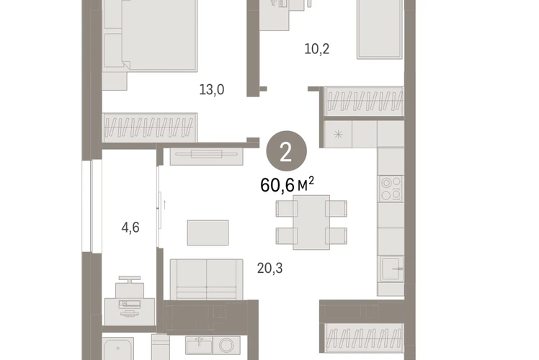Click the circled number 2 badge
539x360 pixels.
click(286, 150)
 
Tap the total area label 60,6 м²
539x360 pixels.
click(287, 184)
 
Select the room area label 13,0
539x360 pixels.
click(212, 90)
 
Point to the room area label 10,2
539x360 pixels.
click(316, 49)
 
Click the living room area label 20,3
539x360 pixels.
click(269, 268)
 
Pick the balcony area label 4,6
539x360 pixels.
click(130, 228)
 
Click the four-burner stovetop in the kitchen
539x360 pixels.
click(391, 189)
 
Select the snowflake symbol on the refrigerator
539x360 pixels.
click(338, 134)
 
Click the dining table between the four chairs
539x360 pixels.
click(311, 222)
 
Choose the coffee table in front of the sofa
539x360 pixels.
click(208, 233)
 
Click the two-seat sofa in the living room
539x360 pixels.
click(206, 279)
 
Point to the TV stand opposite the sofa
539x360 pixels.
click(207, 156)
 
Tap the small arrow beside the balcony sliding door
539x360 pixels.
click(165, 204)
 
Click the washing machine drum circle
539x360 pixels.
click(226, 345)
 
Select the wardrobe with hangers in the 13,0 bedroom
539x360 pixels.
click(150, 127)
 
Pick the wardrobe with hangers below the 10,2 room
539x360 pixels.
click(364, 102)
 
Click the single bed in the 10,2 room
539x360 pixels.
click(380, 30)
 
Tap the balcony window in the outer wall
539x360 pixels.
click(92, 206)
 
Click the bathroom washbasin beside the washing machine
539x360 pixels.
click(199, 345)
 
